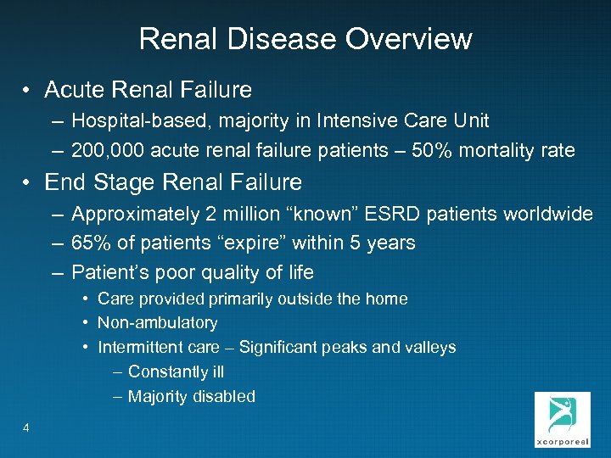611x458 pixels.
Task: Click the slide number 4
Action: coord(26,427)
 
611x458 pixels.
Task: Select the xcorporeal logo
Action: coord(562,419)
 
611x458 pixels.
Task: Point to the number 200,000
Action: coord(109,151)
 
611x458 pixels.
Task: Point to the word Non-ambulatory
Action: coord(158,323)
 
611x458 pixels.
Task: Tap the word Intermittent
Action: coord(138,347)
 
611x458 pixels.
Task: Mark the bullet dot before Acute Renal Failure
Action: coord(28,90)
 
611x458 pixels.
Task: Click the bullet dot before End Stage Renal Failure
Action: coord(28,182)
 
